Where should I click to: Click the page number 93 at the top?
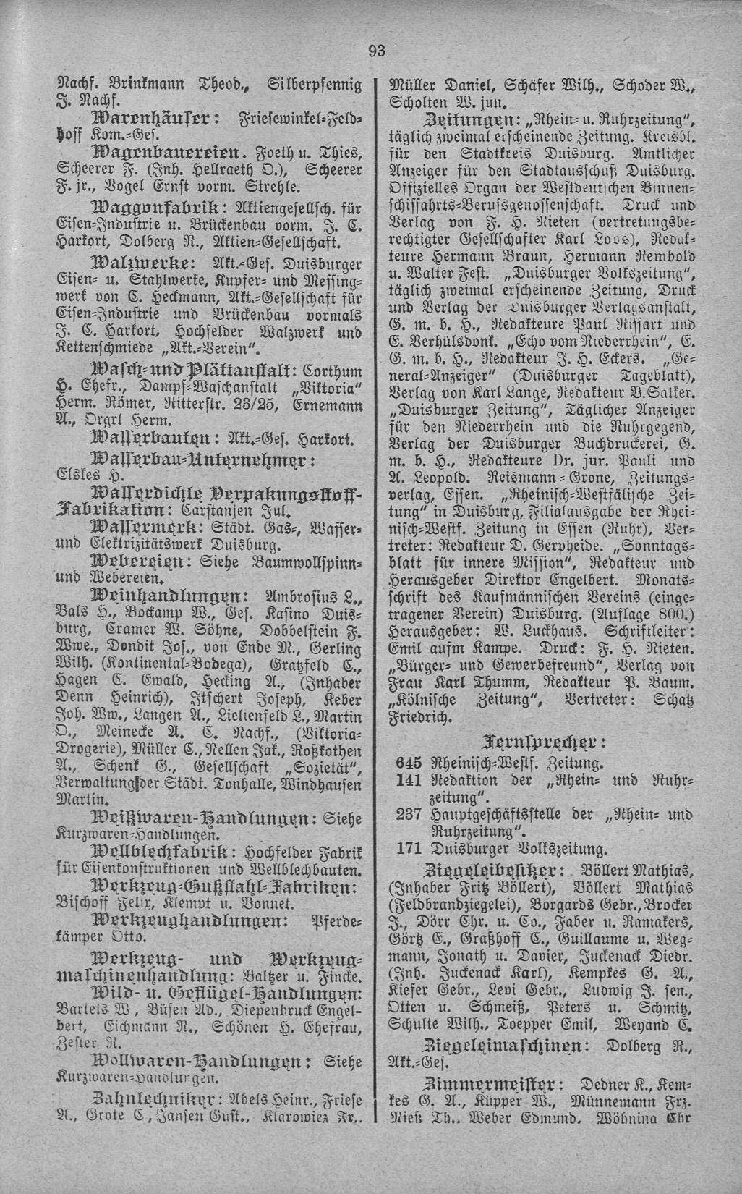pyautogui.click(x=377, y=50)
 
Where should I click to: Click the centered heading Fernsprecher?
pyautogui.click(x=555, y=741)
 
